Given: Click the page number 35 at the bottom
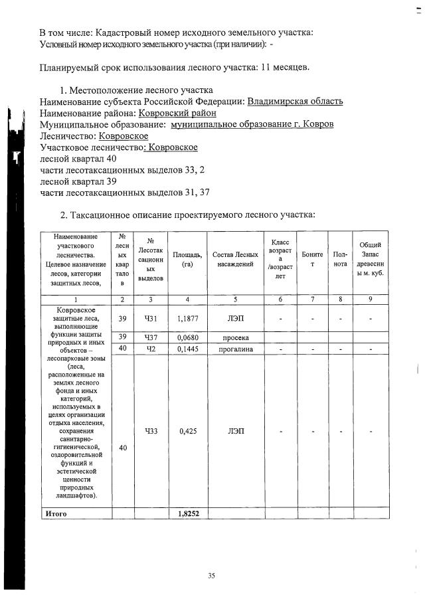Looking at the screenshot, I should (x=211, y=575).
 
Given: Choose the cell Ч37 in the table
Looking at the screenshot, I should (x=151, y=338).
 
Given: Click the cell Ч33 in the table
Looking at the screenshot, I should (x=151, y=431).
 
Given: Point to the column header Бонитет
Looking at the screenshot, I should (x=312, y=260).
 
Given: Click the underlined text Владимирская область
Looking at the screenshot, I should (x=295, y=101).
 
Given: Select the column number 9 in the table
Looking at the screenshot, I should (x=369, y=299).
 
